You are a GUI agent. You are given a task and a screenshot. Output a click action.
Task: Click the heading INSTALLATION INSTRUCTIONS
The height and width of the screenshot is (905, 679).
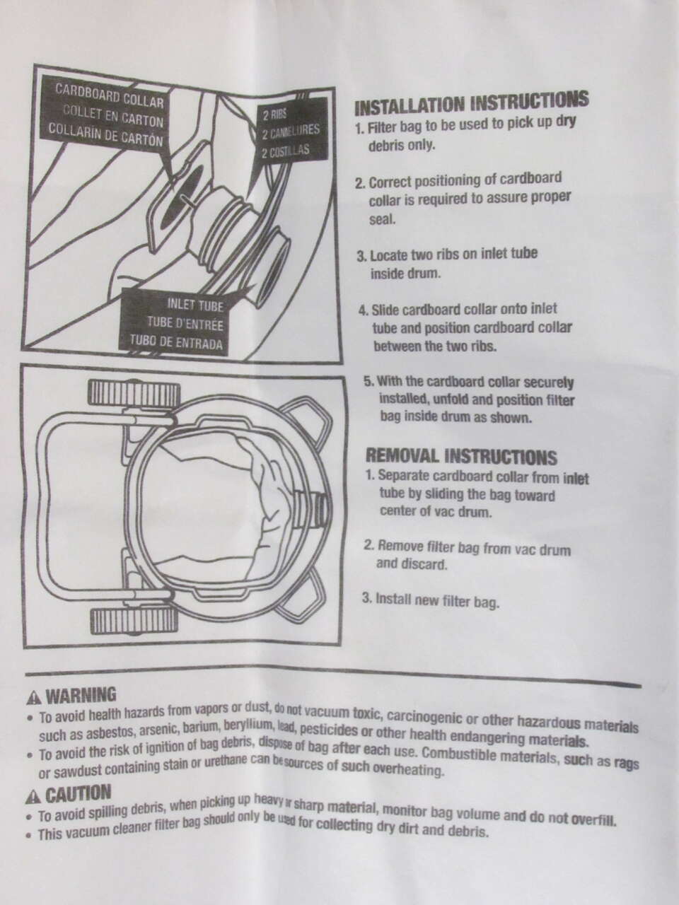click(471, 103)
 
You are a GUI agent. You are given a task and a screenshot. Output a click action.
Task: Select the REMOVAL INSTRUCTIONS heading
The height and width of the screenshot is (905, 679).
click(461, 456)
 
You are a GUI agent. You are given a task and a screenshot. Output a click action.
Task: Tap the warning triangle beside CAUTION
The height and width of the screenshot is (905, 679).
click(33, 798)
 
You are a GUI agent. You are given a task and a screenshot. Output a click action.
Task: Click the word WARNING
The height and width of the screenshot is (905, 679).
click(81, 696)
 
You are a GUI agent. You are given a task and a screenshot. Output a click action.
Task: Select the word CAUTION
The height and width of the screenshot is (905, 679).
click(78, 794)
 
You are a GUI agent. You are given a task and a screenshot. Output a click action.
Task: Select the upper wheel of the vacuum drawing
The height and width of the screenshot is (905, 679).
click(134, 394)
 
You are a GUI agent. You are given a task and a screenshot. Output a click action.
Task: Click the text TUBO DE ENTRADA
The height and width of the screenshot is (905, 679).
click(176, 341)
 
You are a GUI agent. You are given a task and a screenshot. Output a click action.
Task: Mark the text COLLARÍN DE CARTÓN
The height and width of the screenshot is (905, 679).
click(105, 134)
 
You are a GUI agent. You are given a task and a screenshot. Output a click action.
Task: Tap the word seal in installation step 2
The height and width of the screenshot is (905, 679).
click(382, 219)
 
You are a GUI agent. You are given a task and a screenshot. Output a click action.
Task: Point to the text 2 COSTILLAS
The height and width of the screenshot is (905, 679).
click(285, 151)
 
